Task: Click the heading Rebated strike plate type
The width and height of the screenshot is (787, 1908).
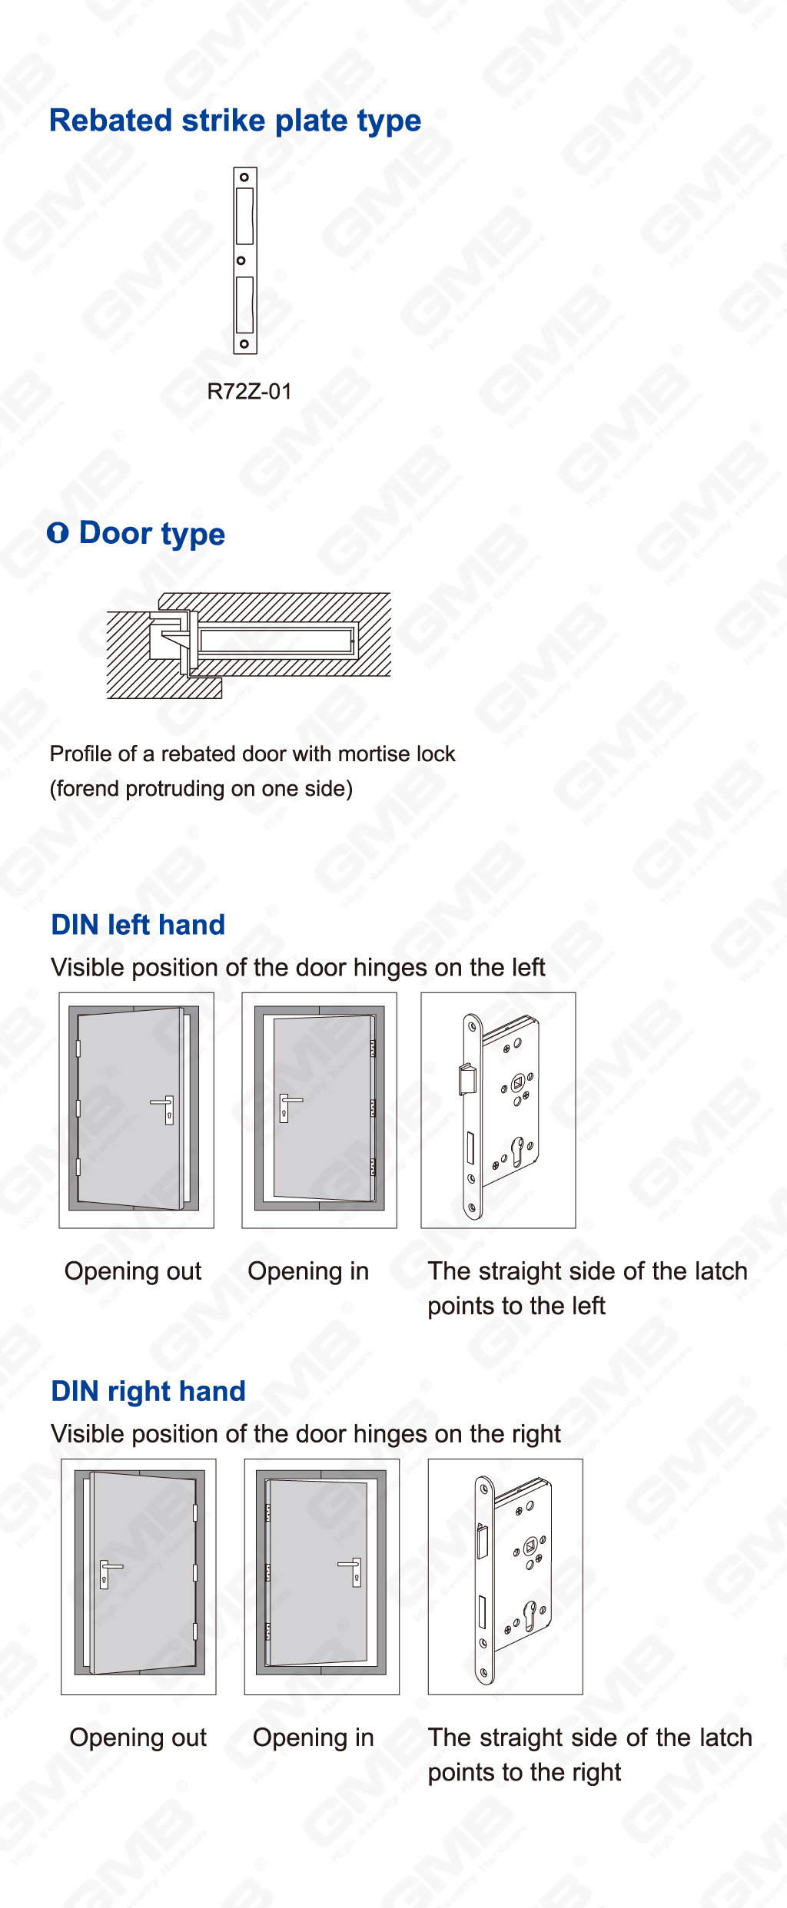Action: click(235, 121)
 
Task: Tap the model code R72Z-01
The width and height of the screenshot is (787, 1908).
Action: click(250, 392)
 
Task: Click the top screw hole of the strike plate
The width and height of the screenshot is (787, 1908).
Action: click(244, 177)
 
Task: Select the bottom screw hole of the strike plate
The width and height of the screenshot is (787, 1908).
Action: click(244, 343)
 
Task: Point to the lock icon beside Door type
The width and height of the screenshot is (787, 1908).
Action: click(58, 532)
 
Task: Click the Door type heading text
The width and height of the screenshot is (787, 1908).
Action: click(152, 533)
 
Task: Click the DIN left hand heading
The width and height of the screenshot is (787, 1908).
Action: click(138, 925)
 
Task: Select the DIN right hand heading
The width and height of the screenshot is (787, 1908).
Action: click(148, 1391)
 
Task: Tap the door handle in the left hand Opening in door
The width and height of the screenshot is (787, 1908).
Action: click(287, 1105)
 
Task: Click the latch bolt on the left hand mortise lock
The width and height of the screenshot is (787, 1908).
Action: click(466, 1078)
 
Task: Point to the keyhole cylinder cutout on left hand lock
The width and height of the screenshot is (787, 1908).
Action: click(517, 1150)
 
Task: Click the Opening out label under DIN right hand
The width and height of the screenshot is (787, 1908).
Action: click(138, 1737)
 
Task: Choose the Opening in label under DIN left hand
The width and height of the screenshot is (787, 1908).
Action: click(308, 1270)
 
